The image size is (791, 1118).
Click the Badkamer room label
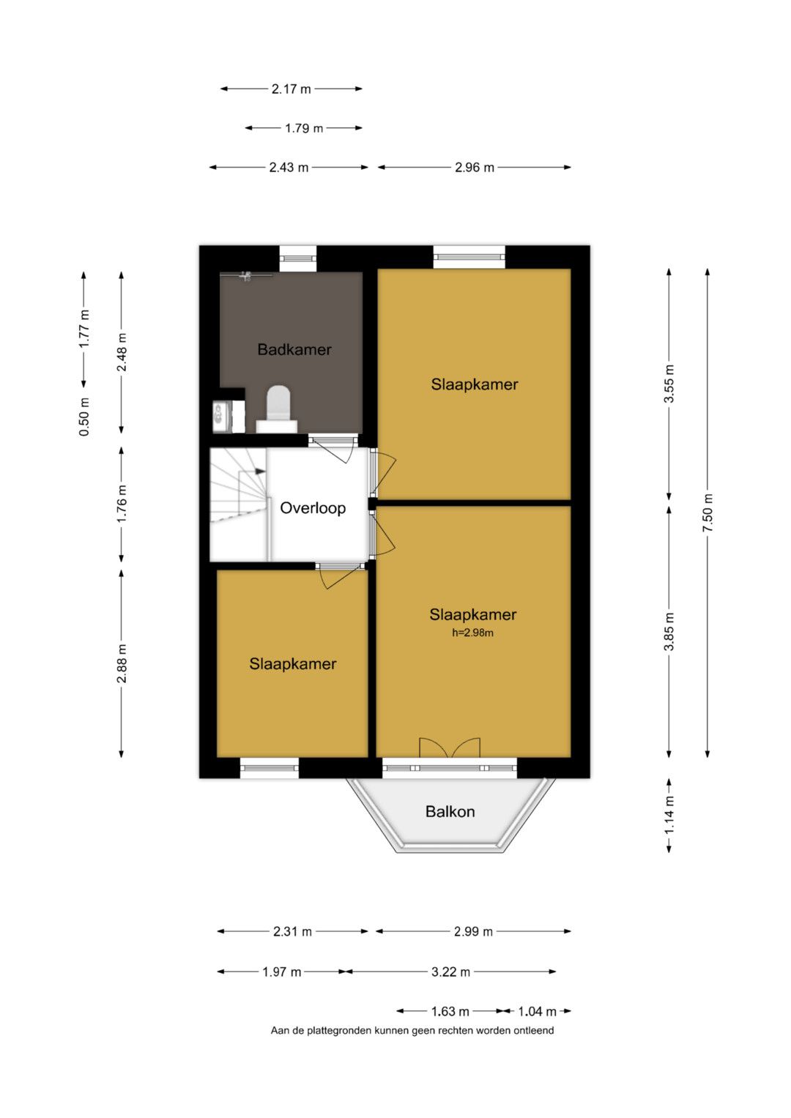(294, 349)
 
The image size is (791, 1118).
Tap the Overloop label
(313, 508)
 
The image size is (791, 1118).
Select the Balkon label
(450, 811)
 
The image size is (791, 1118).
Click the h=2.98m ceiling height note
(472, 633)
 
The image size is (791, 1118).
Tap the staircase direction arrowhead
(260, 471)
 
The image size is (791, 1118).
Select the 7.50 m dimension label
(707, 512)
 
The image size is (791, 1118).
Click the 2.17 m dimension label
(291, 89)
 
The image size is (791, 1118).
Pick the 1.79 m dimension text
(304, 128)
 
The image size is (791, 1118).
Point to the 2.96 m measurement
(474, 168)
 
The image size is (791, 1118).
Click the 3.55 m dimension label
(669, 384)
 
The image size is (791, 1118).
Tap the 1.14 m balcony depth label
(669, 815)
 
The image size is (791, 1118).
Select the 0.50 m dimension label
(84, 417)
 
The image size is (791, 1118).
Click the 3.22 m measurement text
(450, 972)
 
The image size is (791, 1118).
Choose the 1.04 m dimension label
(537, 1012)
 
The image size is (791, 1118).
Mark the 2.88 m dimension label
(122, 663)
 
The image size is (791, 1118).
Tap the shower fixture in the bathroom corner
(245, 275)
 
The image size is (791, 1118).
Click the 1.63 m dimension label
(450, 1012)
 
